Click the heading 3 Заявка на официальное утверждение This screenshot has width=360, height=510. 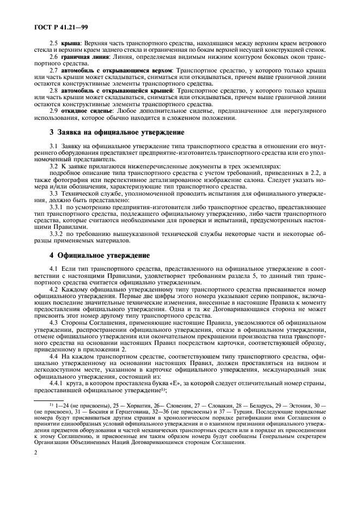[x=118, y=132]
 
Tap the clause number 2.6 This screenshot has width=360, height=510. [x=54, y=56]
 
